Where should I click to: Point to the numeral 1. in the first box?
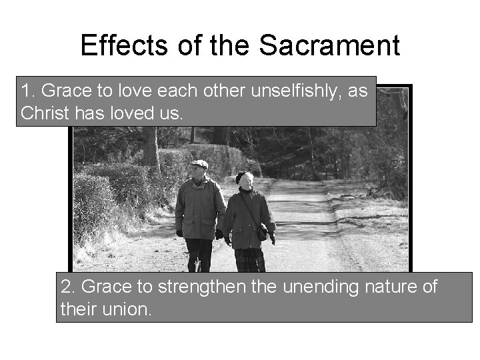point(27,91)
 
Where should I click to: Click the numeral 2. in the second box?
point(67,287)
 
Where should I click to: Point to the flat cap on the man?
point(199,163)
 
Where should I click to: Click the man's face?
point(199,171)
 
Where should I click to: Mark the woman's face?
point(247,181)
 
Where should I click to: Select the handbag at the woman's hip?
point(263,233)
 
